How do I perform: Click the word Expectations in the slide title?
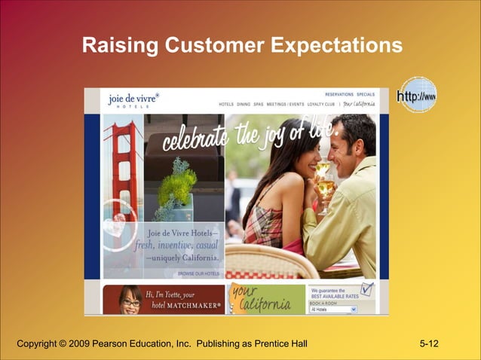pyautogui.click(x=332, y=47)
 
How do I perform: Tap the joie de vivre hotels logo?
pyautogui.click(x=133, y=99)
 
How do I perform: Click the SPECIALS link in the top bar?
pyautogui.click(x=366, y=95)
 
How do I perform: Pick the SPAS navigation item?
pyautogui.click(x=259, y=104)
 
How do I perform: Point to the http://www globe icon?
pyautogui.click(x=416, y=96)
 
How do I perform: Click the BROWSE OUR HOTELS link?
pyautogui.click(x=198, y=274)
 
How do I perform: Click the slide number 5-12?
pyautogui.click(x=429, y=344)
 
